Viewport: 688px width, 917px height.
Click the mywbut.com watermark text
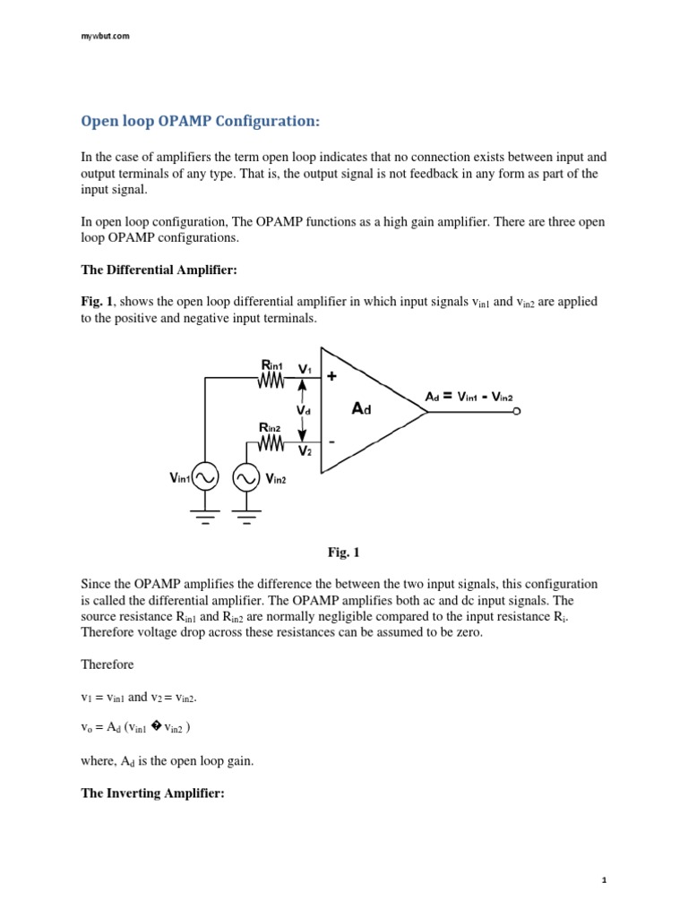[106, 36]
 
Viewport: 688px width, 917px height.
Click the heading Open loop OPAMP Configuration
[200, 120]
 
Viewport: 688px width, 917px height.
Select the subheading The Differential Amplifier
[158, 269]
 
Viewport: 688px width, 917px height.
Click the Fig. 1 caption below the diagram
[344, 553]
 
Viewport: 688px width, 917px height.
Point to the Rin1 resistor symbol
[271, 381]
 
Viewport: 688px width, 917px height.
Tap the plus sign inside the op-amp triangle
[331, 377]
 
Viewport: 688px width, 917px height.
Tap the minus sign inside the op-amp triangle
[331, 441]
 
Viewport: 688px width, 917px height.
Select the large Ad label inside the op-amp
[361, 408]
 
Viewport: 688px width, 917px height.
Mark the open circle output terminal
[516, 412]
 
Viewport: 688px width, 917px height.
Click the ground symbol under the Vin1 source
[206, 517]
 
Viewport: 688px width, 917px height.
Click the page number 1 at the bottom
[605, 880]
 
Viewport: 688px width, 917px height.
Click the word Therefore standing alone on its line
[108, 665]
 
